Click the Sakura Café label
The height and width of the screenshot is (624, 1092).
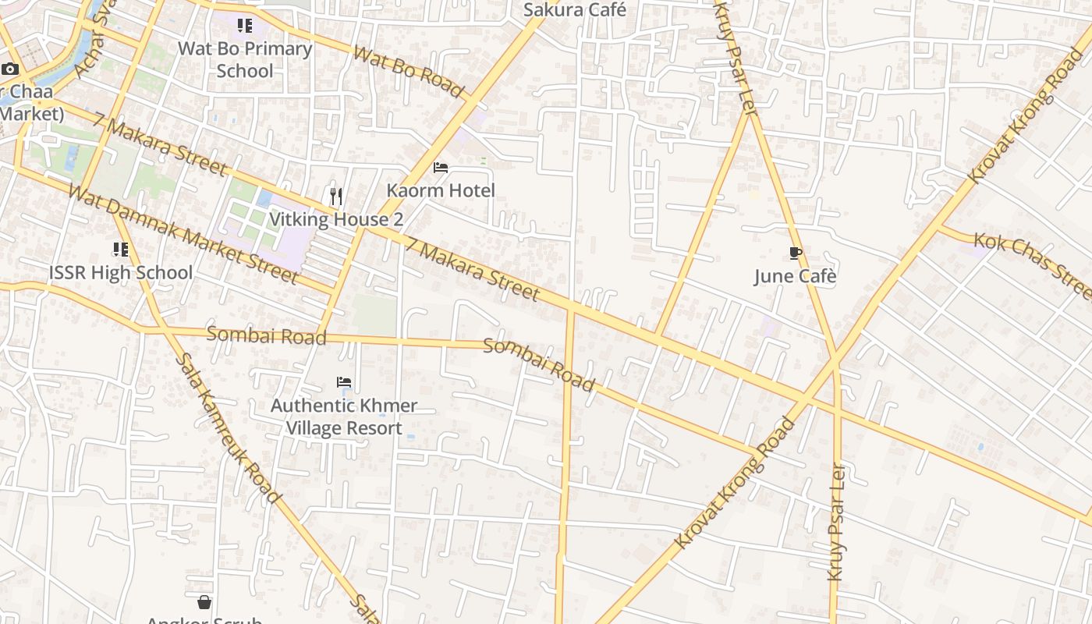(574, 10)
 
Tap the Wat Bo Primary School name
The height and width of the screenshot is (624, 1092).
(245, 59)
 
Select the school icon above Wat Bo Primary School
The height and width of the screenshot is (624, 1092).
(245, 26)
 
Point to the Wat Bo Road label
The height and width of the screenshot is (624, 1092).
(409, 71)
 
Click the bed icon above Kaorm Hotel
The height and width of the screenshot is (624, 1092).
(441, 168)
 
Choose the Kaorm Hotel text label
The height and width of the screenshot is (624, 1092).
(441, 190)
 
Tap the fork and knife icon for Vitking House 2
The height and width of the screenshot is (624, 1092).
(336, 196)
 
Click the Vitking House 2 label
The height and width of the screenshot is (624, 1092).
(336, 219)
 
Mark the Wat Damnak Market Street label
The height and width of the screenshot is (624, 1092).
(183, 234)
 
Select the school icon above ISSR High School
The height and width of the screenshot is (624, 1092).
(120, 250)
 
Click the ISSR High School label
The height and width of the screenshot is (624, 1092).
(120, 273)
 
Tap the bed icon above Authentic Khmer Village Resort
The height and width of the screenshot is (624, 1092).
(344, 382)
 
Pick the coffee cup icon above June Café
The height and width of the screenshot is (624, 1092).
(795, 253)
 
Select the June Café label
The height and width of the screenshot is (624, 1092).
(795, 276)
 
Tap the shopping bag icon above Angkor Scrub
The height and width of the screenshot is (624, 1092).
(204, 602)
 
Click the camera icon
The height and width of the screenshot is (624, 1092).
(10, 69)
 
